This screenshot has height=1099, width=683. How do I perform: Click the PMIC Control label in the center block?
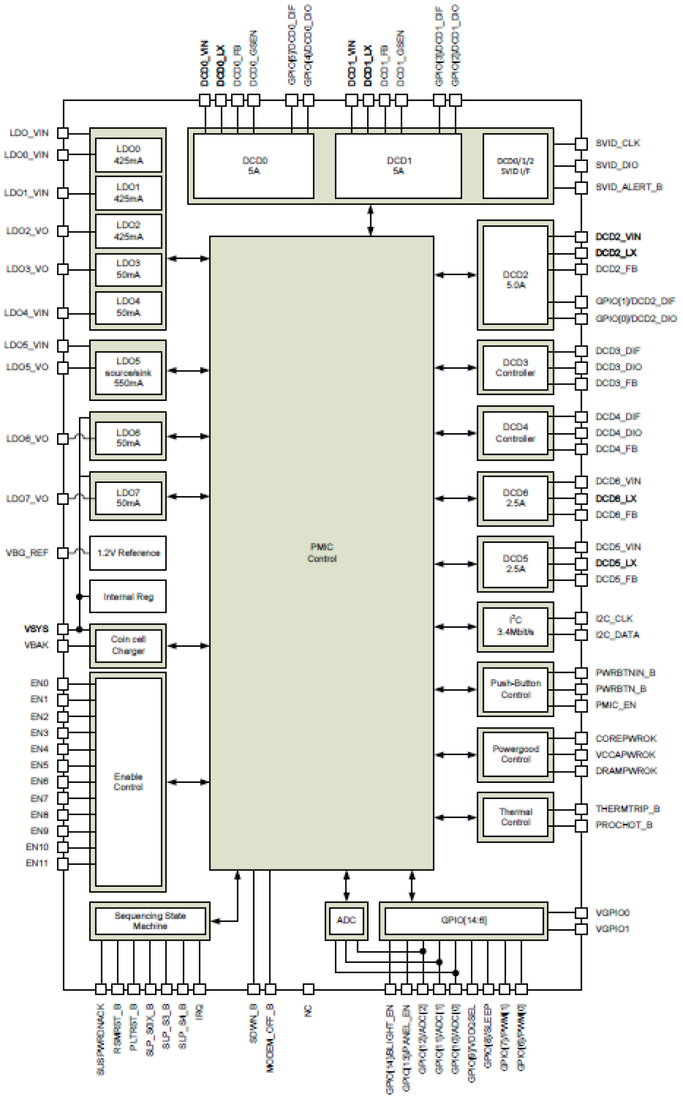(322, 553)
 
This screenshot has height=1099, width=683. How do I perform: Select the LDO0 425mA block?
(128, 155)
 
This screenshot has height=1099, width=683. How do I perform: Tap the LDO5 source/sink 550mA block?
(128, 372)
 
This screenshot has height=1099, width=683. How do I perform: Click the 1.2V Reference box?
(128, 553)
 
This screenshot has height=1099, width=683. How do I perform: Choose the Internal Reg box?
(128, 597)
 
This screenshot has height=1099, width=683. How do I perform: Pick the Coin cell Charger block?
(128, 645)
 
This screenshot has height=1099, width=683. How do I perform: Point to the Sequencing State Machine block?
(150, 921)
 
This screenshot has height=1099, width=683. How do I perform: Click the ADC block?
(346, 920)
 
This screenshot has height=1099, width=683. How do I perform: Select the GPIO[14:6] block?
(464, 921)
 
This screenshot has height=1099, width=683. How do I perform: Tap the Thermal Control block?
(516, 817)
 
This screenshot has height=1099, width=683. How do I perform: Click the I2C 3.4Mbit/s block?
(516, 626)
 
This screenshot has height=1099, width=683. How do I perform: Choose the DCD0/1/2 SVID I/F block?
(516, 166)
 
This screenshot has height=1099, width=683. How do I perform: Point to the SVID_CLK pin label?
(618, 143)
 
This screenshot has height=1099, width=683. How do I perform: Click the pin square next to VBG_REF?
(63, 553)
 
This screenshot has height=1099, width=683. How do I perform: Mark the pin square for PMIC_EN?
(581, 706)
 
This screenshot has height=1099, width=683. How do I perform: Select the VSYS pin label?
(36, 629)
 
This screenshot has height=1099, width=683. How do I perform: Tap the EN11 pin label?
(37, 863)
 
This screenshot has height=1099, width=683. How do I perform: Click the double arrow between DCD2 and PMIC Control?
(456, 275)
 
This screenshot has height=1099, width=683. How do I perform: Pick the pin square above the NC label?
(308, 989)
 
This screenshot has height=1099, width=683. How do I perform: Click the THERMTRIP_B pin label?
(628, 809)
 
